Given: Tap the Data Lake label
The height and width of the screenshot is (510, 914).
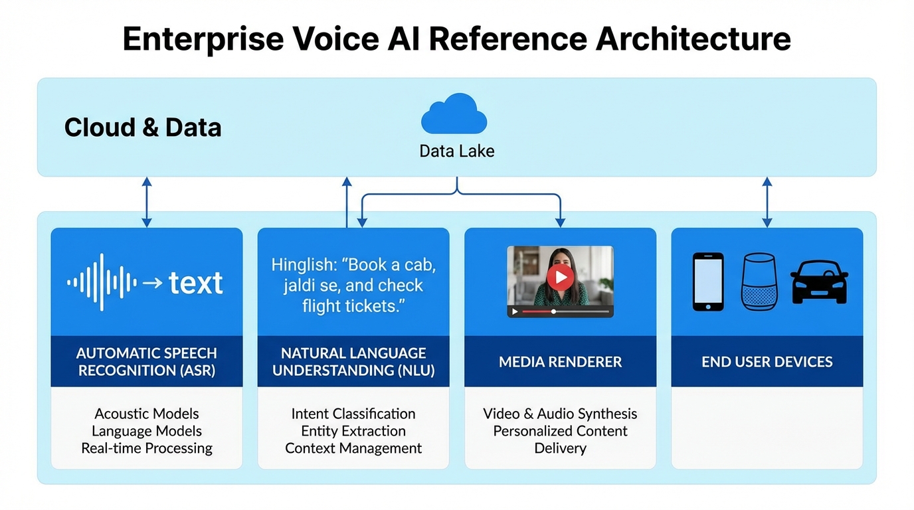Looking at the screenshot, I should coord(457,151).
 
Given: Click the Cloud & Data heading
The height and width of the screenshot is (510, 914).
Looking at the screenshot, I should coord(143,127).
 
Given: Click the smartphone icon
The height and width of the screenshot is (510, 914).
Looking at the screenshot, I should coord(708,282).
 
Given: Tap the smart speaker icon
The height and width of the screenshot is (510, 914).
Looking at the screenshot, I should coord(759,282).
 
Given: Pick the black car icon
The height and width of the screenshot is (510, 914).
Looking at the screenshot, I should coord(819,282).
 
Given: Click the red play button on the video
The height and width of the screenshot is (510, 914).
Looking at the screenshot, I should coord(560,276).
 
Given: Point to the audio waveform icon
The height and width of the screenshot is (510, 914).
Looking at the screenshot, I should coord(102,282).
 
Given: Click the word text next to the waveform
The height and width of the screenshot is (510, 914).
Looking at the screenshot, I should coord(196,284).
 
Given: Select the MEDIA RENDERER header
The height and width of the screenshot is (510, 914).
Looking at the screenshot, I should coord(560,362).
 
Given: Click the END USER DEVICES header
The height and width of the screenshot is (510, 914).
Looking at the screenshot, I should coord(767,362).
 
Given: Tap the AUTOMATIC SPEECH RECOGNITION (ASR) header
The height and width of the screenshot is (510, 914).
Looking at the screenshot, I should coord(147,362).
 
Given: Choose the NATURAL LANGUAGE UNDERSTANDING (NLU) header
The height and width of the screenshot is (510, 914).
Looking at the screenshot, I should coord(353,362).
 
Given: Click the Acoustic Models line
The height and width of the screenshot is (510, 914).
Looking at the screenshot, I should coord(147,414).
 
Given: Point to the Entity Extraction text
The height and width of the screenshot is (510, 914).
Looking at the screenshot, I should coord(353,431).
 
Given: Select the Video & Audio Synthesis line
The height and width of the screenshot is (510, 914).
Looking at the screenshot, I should coord(560,414).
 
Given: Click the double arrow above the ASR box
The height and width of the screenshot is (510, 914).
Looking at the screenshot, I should coord(147,202).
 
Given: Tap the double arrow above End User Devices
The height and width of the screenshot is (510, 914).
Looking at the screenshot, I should coord(767,202).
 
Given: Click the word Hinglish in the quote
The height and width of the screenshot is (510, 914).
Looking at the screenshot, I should coord(303,265).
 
